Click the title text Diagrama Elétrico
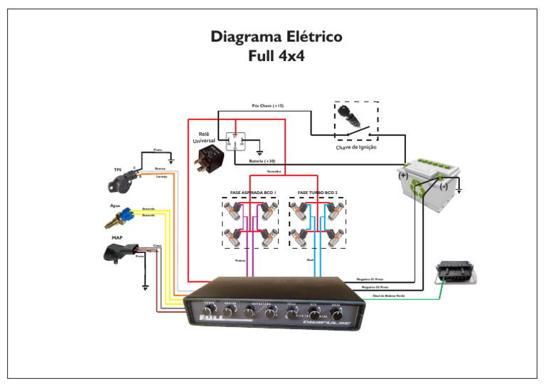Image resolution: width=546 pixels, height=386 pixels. [x=276, y=37]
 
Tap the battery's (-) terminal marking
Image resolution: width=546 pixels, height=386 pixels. [x=443, y=186]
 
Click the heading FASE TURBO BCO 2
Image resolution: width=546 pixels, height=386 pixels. [x=318, y=193]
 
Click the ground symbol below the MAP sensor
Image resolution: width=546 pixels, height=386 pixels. [x=146, y=286]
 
